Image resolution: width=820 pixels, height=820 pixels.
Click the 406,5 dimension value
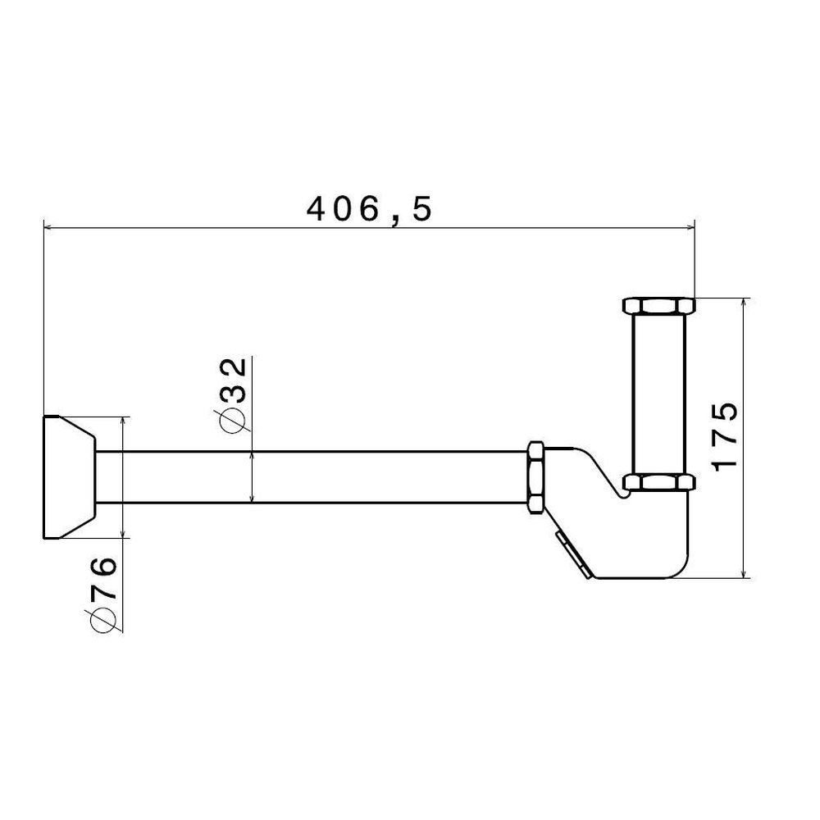tap(369, 209)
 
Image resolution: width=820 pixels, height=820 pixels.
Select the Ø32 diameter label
tap(230, 395)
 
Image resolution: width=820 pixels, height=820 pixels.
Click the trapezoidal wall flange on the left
tap(68, 477)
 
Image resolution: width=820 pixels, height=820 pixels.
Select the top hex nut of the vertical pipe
tap(658, 305)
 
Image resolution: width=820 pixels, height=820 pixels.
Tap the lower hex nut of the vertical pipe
tap(658, 482)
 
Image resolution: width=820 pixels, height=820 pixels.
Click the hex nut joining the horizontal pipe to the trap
tap(535, 477)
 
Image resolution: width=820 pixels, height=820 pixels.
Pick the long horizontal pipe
tap(312, 477)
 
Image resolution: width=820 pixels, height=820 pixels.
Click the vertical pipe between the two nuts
tap(658, 394)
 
